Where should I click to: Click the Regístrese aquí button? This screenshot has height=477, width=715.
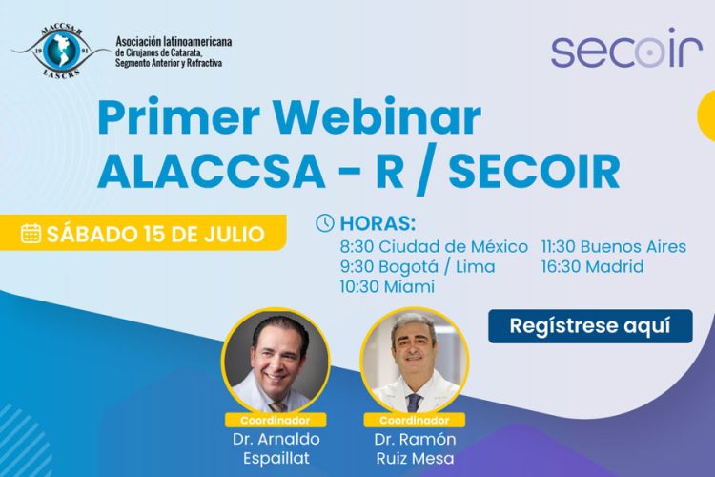click(590, 325)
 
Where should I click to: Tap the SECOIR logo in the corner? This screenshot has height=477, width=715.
click(626, 51)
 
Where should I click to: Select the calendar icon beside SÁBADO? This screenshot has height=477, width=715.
click(31, 234)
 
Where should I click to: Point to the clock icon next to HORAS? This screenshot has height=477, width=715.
click(325, 223)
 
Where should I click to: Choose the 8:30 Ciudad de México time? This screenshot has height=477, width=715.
click(434, 246)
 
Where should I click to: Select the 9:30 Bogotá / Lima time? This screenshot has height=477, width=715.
click(417, 266)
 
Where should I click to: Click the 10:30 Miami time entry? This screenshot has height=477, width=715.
click(387, 286)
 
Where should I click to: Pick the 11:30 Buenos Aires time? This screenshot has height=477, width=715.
click(613, 246)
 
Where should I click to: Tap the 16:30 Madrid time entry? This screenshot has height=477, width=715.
click(592, 266)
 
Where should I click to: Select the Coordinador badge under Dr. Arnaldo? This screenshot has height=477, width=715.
click(276, 419)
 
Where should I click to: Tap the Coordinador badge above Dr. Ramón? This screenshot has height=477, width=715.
click(414, 419)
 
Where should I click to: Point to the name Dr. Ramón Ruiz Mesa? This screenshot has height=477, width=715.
click(414, 447)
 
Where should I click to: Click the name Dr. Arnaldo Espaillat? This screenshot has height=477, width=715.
click(276, 447)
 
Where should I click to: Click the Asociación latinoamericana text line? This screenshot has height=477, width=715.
click(173, 42)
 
